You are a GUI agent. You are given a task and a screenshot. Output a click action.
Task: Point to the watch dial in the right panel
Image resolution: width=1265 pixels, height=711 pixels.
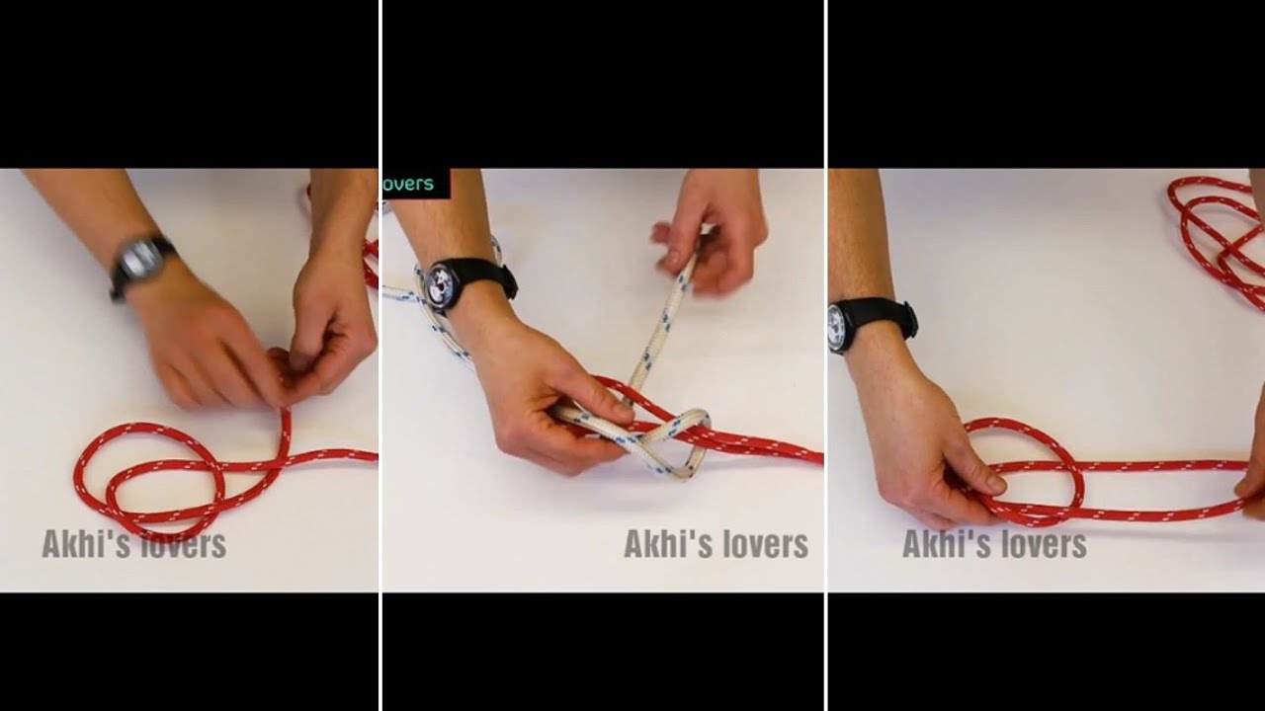pyautogui.click(x=837, y=327)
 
